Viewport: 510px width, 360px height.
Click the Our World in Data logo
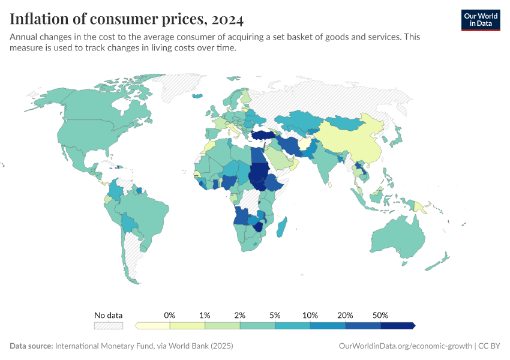(x=480, y=20)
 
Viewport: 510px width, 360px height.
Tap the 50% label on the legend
(x=380, y=315)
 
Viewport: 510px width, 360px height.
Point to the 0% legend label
(x=170, y=315)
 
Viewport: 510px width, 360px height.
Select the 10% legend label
(x=310, y=315)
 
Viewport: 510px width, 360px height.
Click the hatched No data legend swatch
(x=108, y=325)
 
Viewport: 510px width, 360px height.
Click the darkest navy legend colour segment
(x=397, y=325)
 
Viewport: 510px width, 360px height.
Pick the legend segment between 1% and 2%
(x=223, y=325)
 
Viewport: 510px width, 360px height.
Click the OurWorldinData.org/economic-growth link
(x=406, y=346)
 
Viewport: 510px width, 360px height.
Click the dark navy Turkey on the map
(x=263, y=136)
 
